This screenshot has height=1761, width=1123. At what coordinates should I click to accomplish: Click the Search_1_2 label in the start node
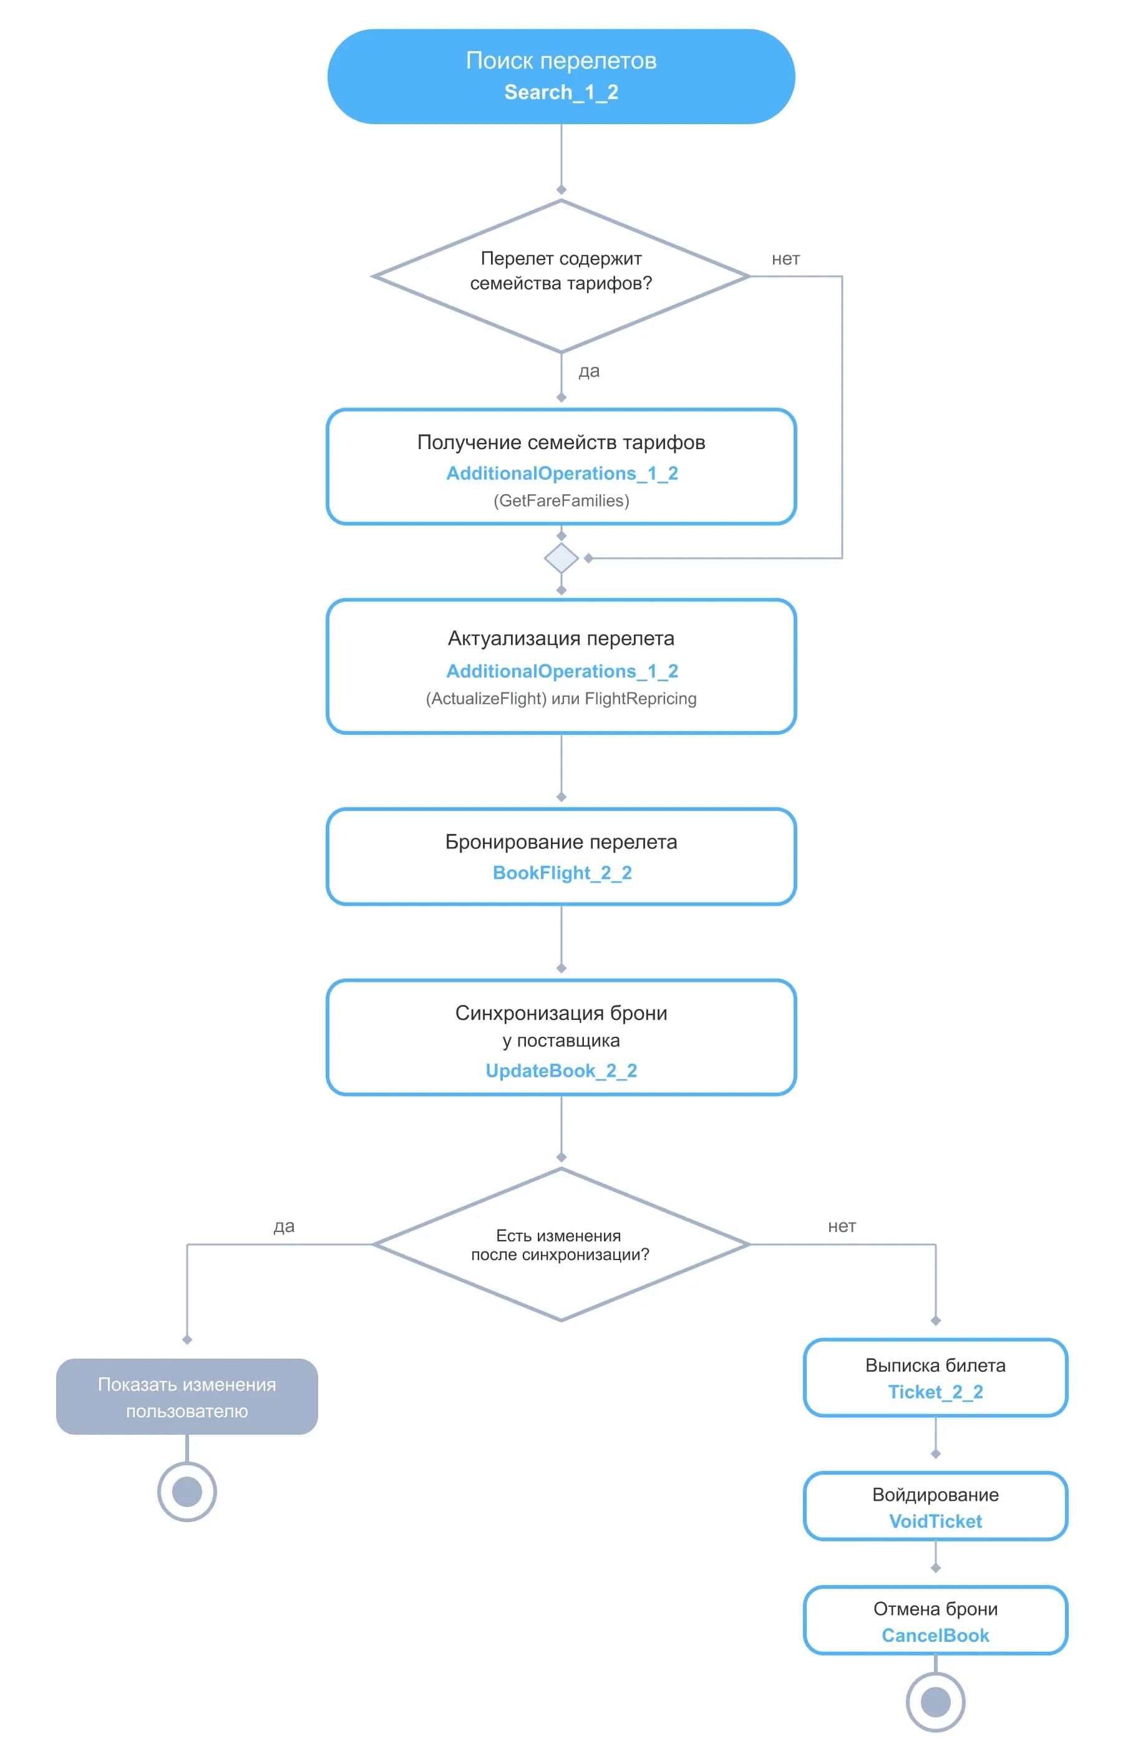[561, 92]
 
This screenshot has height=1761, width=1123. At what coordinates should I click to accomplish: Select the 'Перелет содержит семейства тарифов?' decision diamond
[561, 276]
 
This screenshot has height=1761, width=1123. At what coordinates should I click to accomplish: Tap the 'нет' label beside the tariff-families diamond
[785, 259]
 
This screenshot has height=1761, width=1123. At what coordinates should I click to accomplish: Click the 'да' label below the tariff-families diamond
[589, 372]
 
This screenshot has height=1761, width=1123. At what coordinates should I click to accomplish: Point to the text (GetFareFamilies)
[561, 500]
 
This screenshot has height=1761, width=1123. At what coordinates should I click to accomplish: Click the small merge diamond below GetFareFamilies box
[561, 558]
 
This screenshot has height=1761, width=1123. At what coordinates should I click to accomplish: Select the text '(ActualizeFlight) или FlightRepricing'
[561, 699]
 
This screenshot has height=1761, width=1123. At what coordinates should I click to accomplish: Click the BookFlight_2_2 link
[562, 873]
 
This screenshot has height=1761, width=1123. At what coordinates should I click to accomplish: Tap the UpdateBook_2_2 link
[561, 1070]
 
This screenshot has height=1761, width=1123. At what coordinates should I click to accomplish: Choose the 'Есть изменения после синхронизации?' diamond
[561, 1244]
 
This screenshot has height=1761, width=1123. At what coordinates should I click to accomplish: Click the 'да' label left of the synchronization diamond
[284, 1226]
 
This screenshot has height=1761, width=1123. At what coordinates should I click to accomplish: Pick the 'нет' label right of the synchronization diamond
[842, 1226]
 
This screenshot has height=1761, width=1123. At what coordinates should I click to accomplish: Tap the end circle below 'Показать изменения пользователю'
[187, 1491]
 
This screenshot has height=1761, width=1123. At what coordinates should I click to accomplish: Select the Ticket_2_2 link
[936, 1392]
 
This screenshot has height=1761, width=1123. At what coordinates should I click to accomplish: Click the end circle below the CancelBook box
[936, 1702]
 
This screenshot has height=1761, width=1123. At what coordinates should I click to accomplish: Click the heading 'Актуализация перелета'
[561, 638]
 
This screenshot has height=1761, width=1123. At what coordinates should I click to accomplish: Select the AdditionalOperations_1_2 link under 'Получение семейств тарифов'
[562, 473]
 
